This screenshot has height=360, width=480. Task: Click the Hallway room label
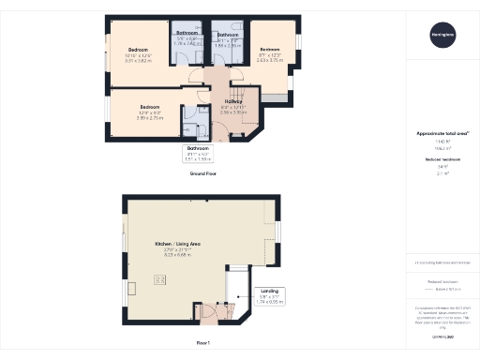point(234,101)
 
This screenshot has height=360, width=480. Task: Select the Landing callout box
point(270,296)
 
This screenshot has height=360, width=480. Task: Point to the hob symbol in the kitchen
point(158,279)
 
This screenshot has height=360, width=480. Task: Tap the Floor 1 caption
point(202,344)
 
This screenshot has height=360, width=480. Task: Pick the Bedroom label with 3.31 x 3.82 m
point(138,54)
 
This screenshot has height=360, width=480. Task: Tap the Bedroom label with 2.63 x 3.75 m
point(270,53)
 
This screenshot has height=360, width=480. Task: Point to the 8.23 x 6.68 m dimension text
point(174,254)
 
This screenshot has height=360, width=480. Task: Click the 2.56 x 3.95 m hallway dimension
point(234,112)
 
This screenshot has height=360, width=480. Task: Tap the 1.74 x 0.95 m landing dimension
point(270,302)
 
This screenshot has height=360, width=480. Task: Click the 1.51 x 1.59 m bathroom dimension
point(198,159)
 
